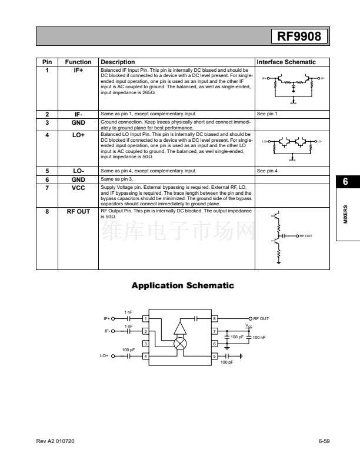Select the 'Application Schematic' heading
point(182,285)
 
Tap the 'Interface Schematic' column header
point(286,62)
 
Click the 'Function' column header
point(78,62)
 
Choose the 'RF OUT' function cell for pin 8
point(78,210)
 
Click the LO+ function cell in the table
point(78,135)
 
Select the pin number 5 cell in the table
point(47,171)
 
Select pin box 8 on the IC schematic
point(215,318)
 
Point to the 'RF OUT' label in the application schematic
point(261,318)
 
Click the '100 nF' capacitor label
point(259,337)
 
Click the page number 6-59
point(324,441)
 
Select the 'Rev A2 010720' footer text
point(55,441)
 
